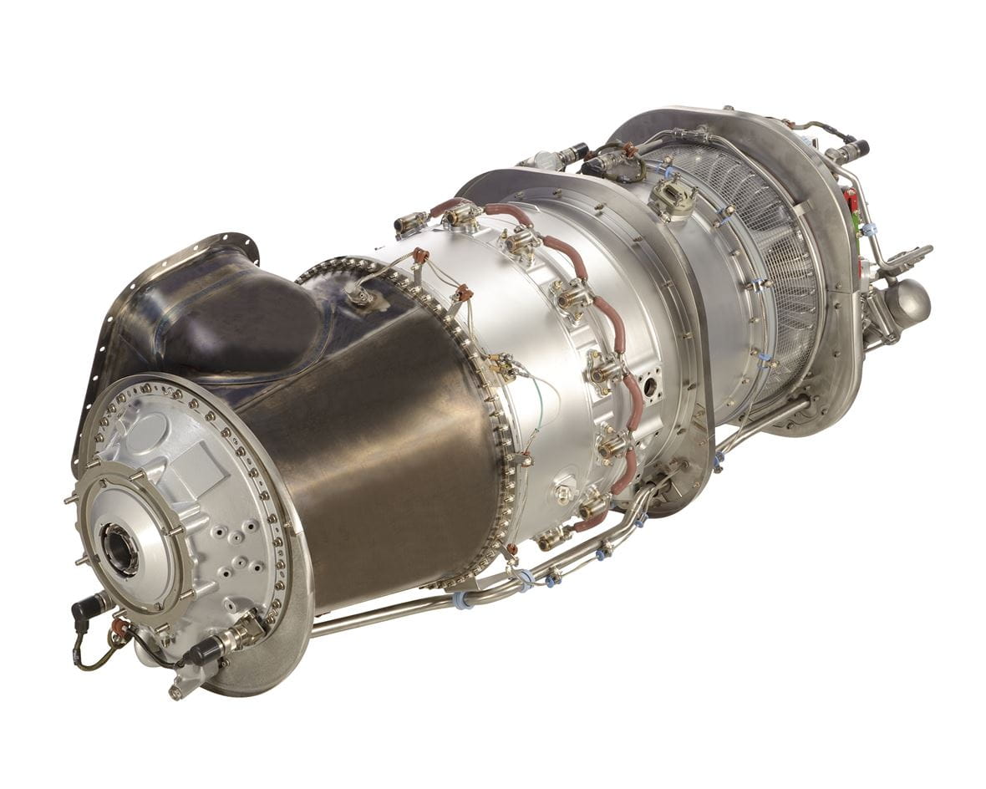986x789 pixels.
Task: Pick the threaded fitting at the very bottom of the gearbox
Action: click(176, 691)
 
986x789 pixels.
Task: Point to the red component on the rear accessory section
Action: click(851, 201)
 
